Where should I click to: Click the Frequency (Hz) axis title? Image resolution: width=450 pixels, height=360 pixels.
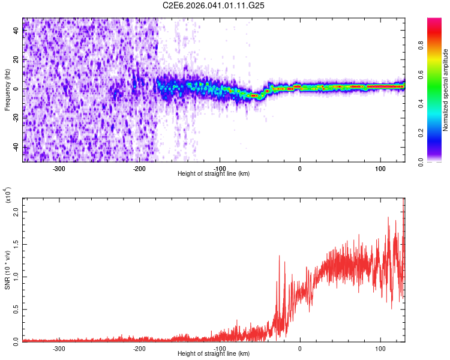pyautogui.click(x=7, y=90)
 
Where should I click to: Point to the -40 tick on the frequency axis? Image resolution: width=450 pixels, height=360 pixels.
pyautogui.click(x=16, y=148)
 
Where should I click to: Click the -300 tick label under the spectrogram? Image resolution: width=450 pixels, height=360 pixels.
pyautogui.click(x=59, y=169)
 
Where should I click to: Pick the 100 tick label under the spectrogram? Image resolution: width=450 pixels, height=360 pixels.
pyautogui.click(x=380, y=169)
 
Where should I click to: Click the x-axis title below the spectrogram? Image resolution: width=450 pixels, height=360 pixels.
pyautogui.click(x=214, y=174)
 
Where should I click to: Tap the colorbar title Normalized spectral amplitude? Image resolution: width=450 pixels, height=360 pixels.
pyautogui.click(x=446, y=90)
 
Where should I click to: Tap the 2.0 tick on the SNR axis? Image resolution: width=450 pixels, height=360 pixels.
pyautogui.click(x=16, y=213)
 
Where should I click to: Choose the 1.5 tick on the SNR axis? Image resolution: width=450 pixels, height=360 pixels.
pyautogui.click(x=16, y=245)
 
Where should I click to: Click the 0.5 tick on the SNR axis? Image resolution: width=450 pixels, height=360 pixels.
pyautogui.click(x=16, y=309)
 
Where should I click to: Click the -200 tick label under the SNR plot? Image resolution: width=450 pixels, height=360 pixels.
pyautogui.click(x=139, y=348)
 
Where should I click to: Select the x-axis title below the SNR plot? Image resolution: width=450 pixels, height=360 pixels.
pyautogui.click(x=214, y=354)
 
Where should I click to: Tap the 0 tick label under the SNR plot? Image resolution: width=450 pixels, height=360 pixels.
pyautogui.click(x=300, y=348)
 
